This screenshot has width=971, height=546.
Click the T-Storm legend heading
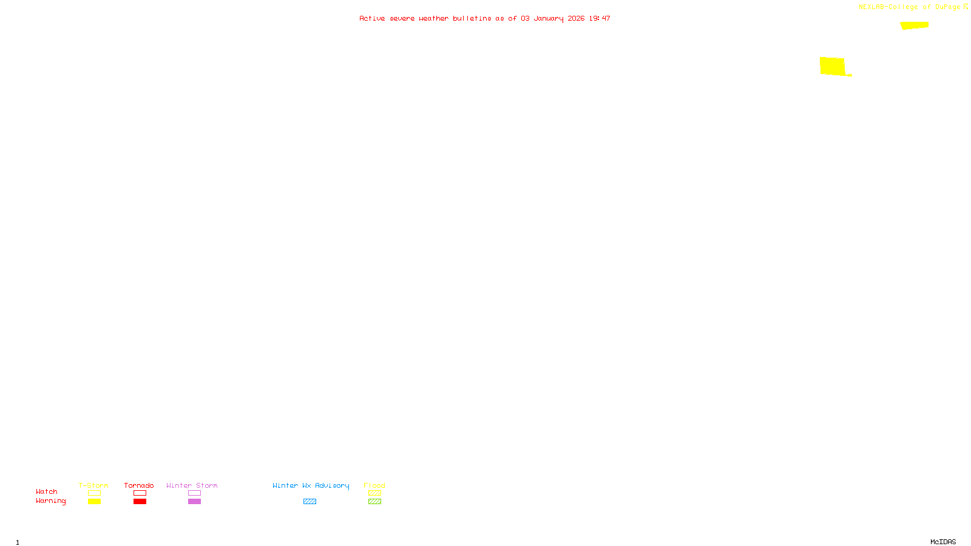point(93,485)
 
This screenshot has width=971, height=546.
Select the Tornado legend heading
point(139,485)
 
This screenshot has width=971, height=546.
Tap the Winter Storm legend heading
point(192,485)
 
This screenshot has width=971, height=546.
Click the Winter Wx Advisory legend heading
point(311,485)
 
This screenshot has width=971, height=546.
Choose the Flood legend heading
point(374,485)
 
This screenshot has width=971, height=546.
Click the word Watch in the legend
point(47,491)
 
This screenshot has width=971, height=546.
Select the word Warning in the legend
point(50,501)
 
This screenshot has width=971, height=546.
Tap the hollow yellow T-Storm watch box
point(94,493)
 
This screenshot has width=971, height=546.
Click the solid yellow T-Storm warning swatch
point(94,502)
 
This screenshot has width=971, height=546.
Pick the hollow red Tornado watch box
point(140,493)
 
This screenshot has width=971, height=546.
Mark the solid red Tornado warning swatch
point(140,502)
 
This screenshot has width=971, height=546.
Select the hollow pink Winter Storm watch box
point(194,493)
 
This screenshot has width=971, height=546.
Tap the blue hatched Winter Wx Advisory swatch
point(310,502)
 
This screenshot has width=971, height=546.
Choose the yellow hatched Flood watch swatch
point(374,493)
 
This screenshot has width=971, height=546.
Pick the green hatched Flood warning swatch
point(374,502)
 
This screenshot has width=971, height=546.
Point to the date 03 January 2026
point(552,18)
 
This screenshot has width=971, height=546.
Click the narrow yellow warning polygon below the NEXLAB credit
point(915,25)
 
